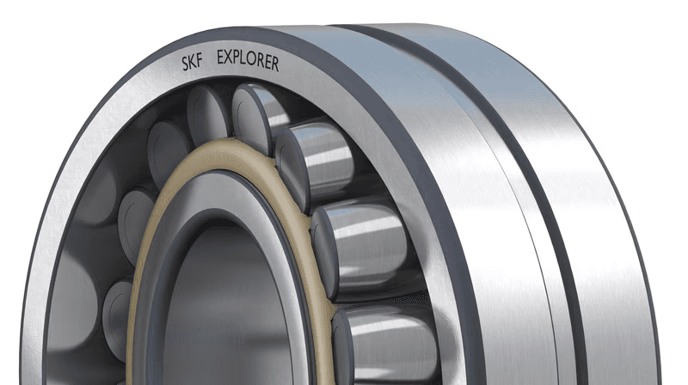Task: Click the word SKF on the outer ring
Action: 192,63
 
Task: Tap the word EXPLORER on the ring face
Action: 248,60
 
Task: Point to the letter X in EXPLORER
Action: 230,58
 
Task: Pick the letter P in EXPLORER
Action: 240,58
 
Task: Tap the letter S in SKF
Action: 185,64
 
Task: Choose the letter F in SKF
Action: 200,61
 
